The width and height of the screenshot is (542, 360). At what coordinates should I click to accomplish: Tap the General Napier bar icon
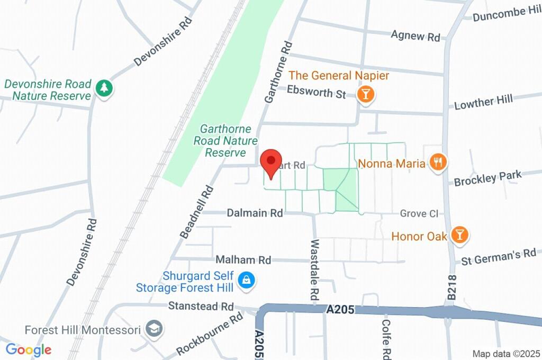point(365,95)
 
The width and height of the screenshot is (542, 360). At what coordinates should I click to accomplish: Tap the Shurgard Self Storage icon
point(246,281)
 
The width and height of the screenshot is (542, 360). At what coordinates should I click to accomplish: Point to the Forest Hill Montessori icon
point(153,329)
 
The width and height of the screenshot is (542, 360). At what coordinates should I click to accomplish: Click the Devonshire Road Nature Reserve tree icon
point(104,88)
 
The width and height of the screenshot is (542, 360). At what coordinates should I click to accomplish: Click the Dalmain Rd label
point(255,213)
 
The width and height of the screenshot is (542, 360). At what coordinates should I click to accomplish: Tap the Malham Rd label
point(243,260)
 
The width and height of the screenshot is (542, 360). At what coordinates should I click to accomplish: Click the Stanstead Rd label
point(201,306)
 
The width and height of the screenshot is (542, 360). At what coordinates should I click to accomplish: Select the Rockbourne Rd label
point(210,334)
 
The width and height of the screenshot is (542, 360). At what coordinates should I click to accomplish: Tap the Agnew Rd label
point(415,35)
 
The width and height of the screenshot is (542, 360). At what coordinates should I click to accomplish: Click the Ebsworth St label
point(317,92)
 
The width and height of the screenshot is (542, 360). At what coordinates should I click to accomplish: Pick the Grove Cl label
point(419,213)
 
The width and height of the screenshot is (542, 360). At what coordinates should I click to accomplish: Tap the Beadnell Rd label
point(196,211)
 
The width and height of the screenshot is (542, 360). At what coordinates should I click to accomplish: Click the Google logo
point(29,350)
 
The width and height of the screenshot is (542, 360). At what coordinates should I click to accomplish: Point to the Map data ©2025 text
point(506,354)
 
